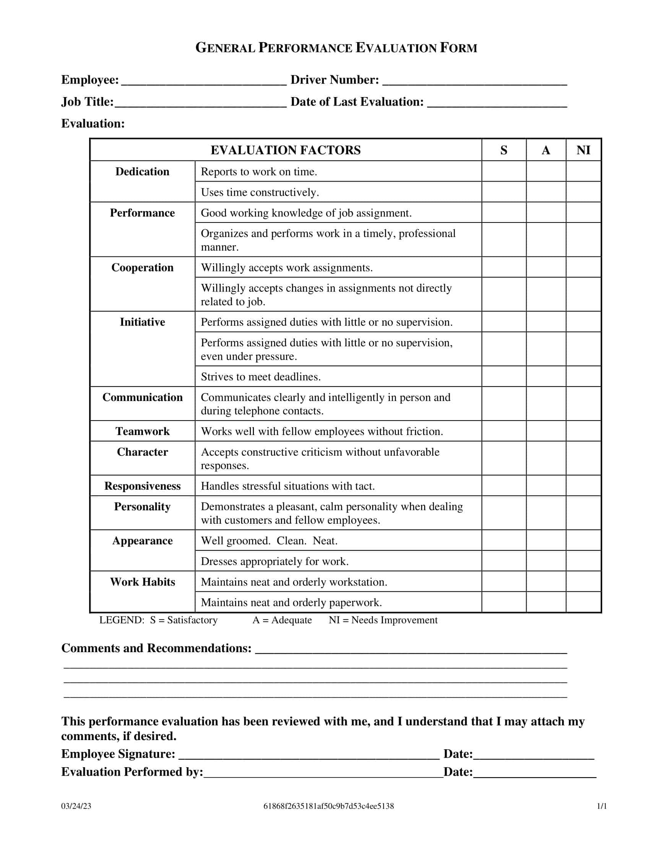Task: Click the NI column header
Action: [583, 150]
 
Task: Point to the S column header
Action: [504, 150]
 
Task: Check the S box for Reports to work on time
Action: [504, 171]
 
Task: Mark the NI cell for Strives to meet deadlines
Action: [583, 376]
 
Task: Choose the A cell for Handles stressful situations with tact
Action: [546, 485]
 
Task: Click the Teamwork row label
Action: [143, 431]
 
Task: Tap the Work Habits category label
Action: [143, 581]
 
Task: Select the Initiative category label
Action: [143, 322]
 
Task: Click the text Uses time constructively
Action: [260, 192]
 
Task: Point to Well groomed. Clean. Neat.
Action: [269, 541]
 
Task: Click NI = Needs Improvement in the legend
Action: [383, 620]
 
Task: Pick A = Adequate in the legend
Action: [282, 620]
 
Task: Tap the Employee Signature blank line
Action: [309, 754]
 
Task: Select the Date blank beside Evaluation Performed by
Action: [535, 772]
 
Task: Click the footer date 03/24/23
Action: [76, 806]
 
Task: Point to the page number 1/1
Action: [601, 806]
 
